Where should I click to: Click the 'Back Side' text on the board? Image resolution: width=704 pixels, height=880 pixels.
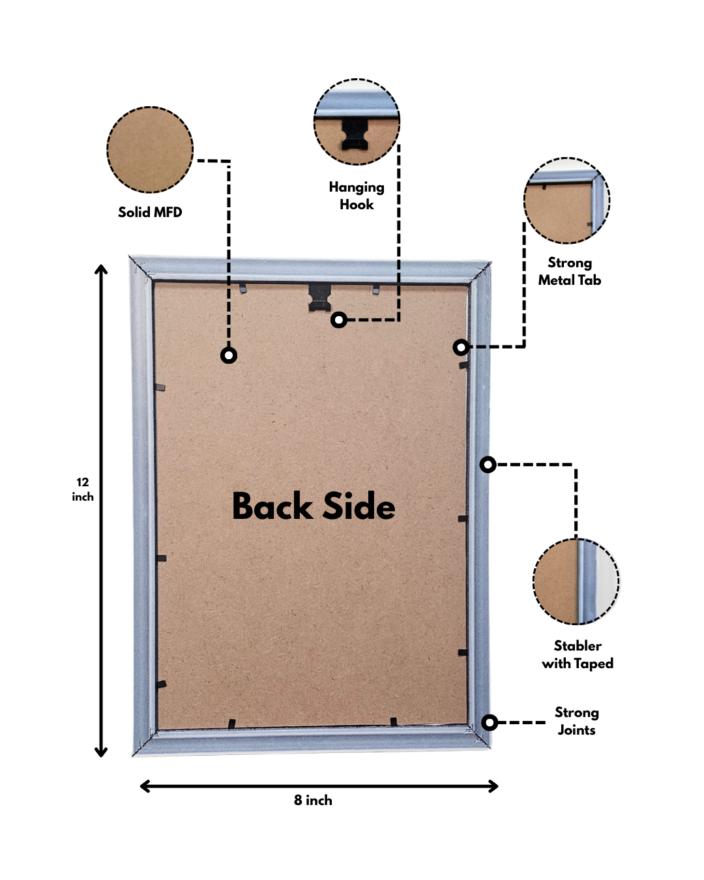point(314,506)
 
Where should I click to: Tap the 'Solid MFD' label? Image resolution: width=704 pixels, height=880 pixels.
point(150,212)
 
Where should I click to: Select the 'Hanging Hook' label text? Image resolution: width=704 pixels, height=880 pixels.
point(357,196)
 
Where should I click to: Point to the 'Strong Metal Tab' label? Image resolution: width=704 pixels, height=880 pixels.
point(569,271)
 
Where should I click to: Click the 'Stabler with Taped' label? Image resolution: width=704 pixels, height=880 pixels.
point(578,654)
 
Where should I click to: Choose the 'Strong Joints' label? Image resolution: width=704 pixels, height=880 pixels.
point(576,721)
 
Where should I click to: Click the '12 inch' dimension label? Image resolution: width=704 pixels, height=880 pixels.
point(83,490)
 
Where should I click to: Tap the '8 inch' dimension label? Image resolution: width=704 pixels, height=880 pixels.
point(313,800)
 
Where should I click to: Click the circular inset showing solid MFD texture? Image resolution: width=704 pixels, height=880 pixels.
point(150,150)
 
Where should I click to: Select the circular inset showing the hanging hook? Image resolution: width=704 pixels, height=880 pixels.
point(357,122)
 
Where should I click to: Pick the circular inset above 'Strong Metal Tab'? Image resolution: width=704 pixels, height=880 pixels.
point(566,200)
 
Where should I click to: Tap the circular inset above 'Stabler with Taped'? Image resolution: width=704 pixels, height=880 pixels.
point(576,581)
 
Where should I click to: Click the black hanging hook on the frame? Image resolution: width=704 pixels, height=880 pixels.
point(320,296)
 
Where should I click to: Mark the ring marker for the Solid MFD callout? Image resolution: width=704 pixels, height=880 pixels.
point(229,355)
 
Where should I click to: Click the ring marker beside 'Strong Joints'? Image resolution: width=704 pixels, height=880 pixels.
point(490,722)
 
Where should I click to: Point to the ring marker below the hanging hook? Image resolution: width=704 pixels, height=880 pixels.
point(338,319)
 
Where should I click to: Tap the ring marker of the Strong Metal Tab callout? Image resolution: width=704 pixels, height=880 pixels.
point(461,347)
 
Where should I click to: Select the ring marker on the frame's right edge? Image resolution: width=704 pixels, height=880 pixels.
point(488,465)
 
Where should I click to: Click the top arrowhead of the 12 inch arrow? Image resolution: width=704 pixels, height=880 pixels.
point(101,269)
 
